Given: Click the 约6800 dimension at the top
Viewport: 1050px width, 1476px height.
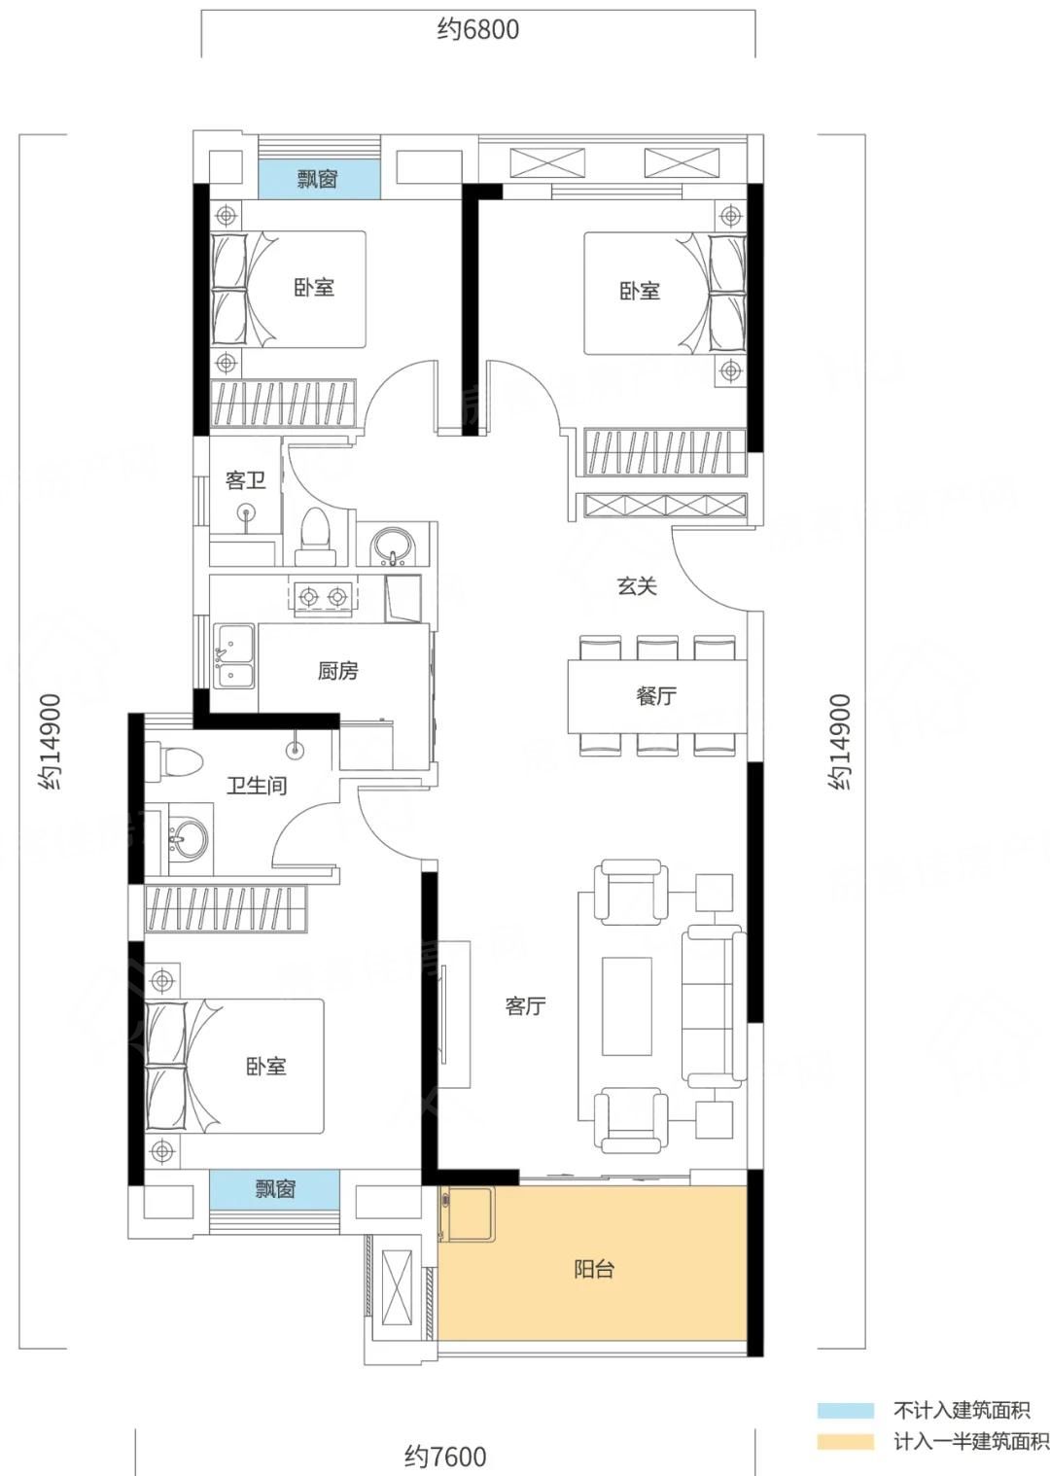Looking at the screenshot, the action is pyautogui.click(x=478, y=29).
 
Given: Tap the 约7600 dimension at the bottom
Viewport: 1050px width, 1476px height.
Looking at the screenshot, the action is pyautogui.click(x=445, y=1457).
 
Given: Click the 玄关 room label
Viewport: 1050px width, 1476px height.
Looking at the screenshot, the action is pyautogui.click(x=637, y=585).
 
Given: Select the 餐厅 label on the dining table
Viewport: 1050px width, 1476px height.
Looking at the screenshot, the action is pyautogui.click(x=656, y=696).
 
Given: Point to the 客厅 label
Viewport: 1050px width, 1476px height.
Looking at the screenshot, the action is pyautogui.click(x=525, y=1006).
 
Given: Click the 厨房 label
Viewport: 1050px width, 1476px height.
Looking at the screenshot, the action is pyautogui.click(x=338, y=671).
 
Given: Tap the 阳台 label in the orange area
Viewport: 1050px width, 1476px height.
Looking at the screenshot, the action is pyautogui.click(x=594, y=1269).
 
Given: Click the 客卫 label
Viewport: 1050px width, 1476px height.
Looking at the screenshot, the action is pyautogui.click(x=245, y=479).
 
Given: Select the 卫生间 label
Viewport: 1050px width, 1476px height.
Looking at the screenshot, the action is pyautogui.click(x=257, y=786).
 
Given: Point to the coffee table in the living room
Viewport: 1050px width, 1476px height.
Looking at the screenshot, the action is pyautogui.click(x=626, y=1006).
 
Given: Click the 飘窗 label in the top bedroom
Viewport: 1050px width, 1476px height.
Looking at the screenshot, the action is pyautogui.click(x=318, y=179).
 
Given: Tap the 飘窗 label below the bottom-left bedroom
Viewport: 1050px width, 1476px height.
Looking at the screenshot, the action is pyautogui.click(x=275, y=1189).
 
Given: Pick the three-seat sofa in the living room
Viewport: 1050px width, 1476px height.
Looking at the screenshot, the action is pyautogui.click(x=714, y=1005).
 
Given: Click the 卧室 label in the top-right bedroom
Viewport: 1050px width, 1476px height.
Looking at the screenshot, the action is pyautogui.click(x=640, y=291).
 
